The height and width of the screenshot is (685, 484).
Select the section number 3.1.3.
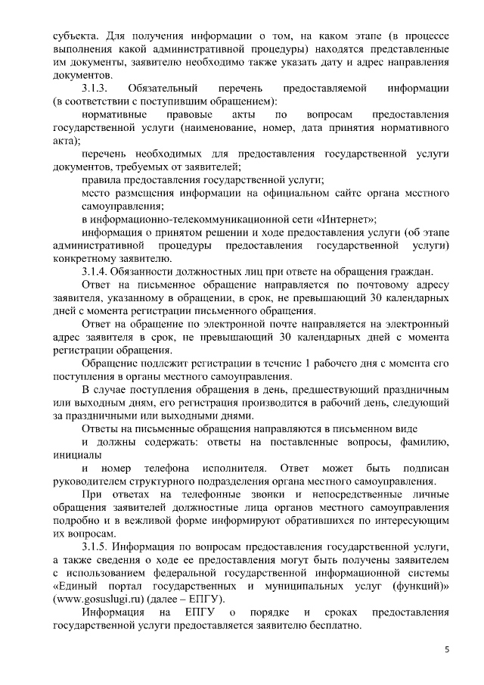click(x=98, y=89)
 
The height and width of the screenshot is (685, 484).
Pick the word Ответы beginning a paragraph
click(x=102, y=428)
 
